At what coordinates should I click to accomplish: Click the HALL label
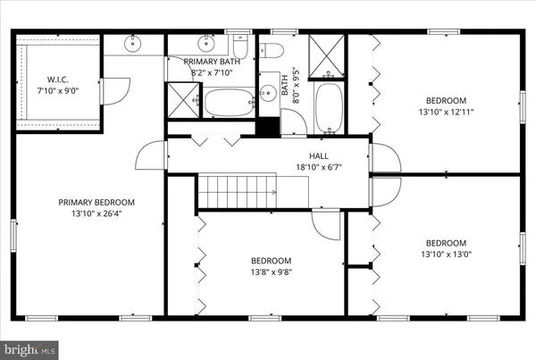[x=307, y=154]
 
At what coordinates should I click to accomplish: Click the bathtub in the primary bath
[x=229, y=103]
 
